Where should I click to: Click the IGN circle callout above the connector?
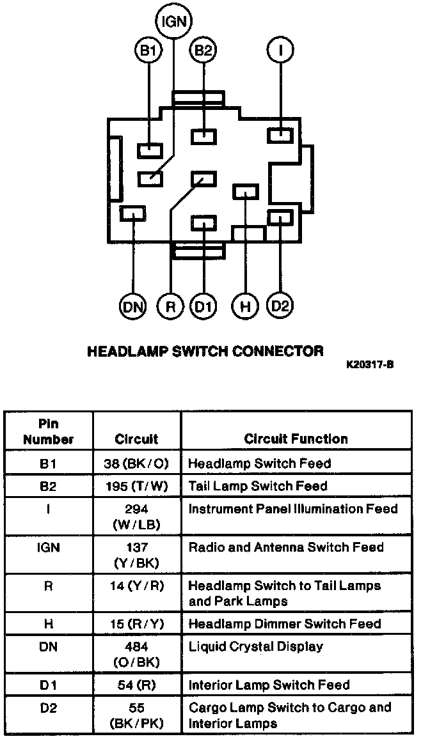175,20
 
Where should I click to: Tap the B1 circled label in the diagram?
148,49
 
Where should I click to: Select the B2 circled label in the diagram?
203,49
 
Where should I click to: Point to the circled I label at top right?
280,49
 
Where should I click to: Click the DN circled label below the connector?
133,307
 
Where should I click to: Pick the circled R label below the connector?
170,307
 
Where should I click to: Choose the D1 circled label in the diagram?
203,307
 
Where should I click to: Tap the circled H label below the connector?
245,307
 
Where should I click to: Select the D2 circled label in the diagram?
280,306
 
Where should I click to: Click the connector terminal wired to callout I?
280,136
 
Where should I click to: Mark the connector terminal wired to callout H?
246,192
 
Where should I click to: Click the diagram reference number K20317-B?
370,364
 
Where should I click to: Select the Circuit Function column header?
296,439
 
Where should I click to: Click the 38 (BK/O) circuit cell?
136,463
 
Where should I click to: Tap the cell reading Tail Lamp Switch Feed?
258,486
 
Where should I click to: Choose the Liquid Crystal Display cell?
256,647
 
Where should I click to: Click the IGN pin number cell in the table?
48,548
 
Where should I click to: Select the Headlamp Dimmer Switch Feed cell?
285,623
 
